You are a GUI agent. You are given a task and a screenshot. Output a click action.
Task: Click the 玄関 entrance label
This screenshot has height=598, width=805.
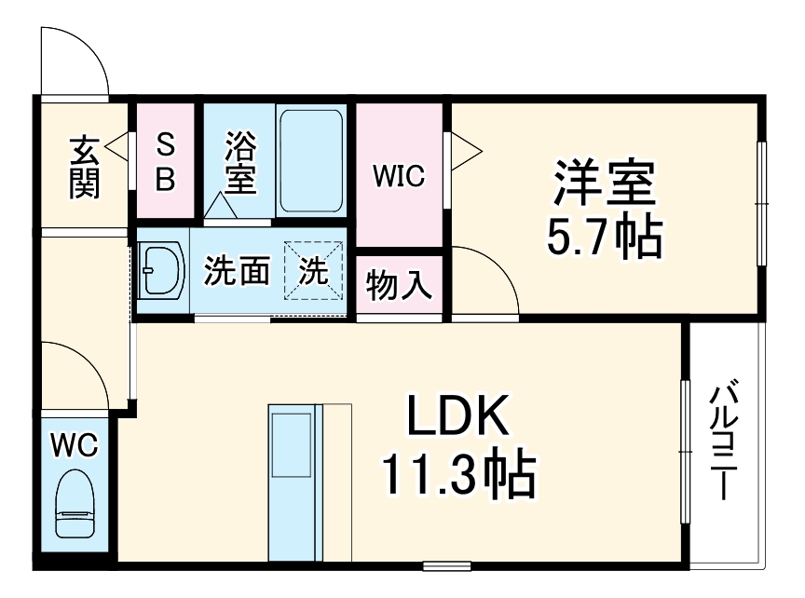pos(84,168)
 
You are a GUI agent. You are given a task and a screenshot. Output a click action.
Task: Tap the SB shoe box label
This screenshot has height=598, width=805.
pos(165,161)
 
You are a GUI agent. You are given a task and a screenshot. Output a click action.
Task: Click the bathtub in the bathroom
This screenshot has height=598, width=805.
pos(312,160)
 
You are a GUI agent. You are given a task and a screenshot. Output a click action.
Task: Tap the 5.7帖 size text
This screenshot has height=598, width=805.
pos(604,238)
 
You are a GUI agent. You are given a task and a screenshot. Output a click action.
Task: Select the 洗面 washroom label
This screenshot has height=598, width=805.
pos(237,271)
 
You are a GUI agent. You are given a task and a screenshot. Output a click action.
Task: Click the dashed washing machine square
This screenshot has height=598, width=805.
pos(314,271)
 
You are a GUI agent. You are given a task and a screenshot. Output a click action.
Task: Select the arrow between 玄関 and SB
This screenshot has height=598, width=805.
pos(116,147)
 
